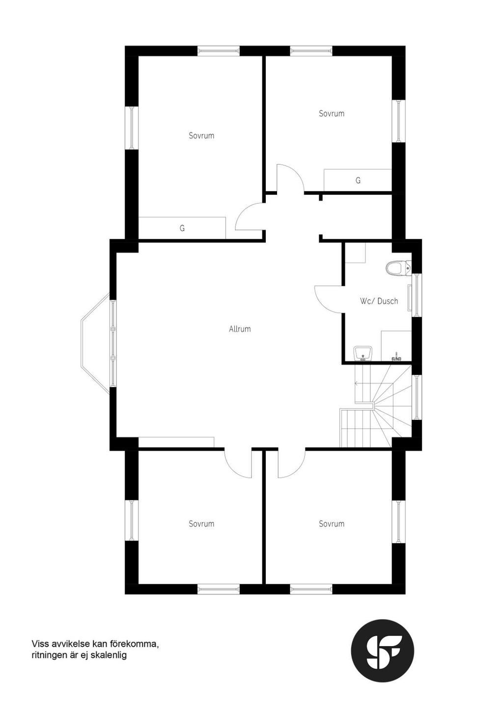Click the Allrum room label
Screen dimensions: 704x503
point(240,329)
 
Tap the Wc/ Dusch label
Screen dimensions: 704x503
point(379,301)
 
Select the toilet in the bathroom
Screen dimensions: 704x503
point(398,269)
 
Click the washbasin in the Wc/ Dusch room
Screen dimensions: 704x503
point(363,352)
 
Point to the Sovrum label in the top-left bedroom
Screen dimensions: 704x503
point(201,135)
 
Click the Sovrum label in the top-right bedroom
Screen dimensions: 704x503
point(332,113)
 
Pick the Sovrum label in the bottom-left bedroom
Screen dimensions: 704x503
point(201,524)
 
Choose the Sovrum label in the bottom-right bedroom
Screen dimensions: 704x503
point(332,524)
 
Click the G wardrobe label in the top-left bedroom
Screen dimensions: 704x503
point(182,228)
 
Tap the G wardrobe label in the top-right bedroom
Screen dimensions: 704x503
point(358,181)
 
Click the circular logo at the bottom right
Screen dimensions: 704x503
point(382,650)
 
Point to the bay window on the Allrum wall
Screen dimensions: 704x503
point(96,343)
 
